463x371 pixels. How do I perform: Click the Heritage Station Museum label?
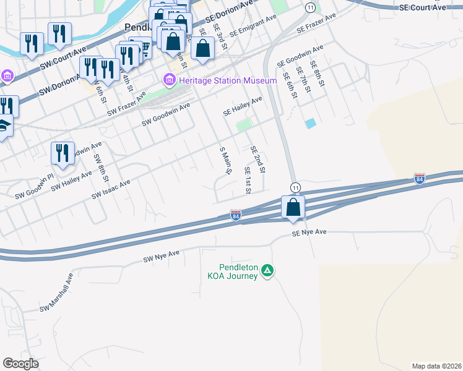(x=227, y=81)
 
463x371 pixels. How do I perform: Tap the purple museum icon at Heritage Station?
(x=168, y=80)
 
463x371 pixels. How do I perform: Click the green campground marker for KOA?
(x=267, y=270)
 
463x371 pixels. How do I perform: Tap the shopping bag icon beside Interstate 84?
(x=293, y=207)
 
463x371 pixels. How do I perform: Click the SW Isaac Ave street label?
(x=111, y=189)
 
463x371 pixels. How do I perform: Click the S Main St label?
(x=224, y=161)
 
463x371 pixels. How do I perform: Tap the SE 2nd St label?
(x=257, y=159)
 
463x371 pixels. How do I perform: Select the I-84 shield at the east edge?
(x=420, y=179)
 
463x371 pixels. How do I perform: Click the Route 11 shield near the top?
(x=309, y=7)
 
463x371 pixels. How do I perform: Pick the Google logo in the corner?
(x=20, y=364)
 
